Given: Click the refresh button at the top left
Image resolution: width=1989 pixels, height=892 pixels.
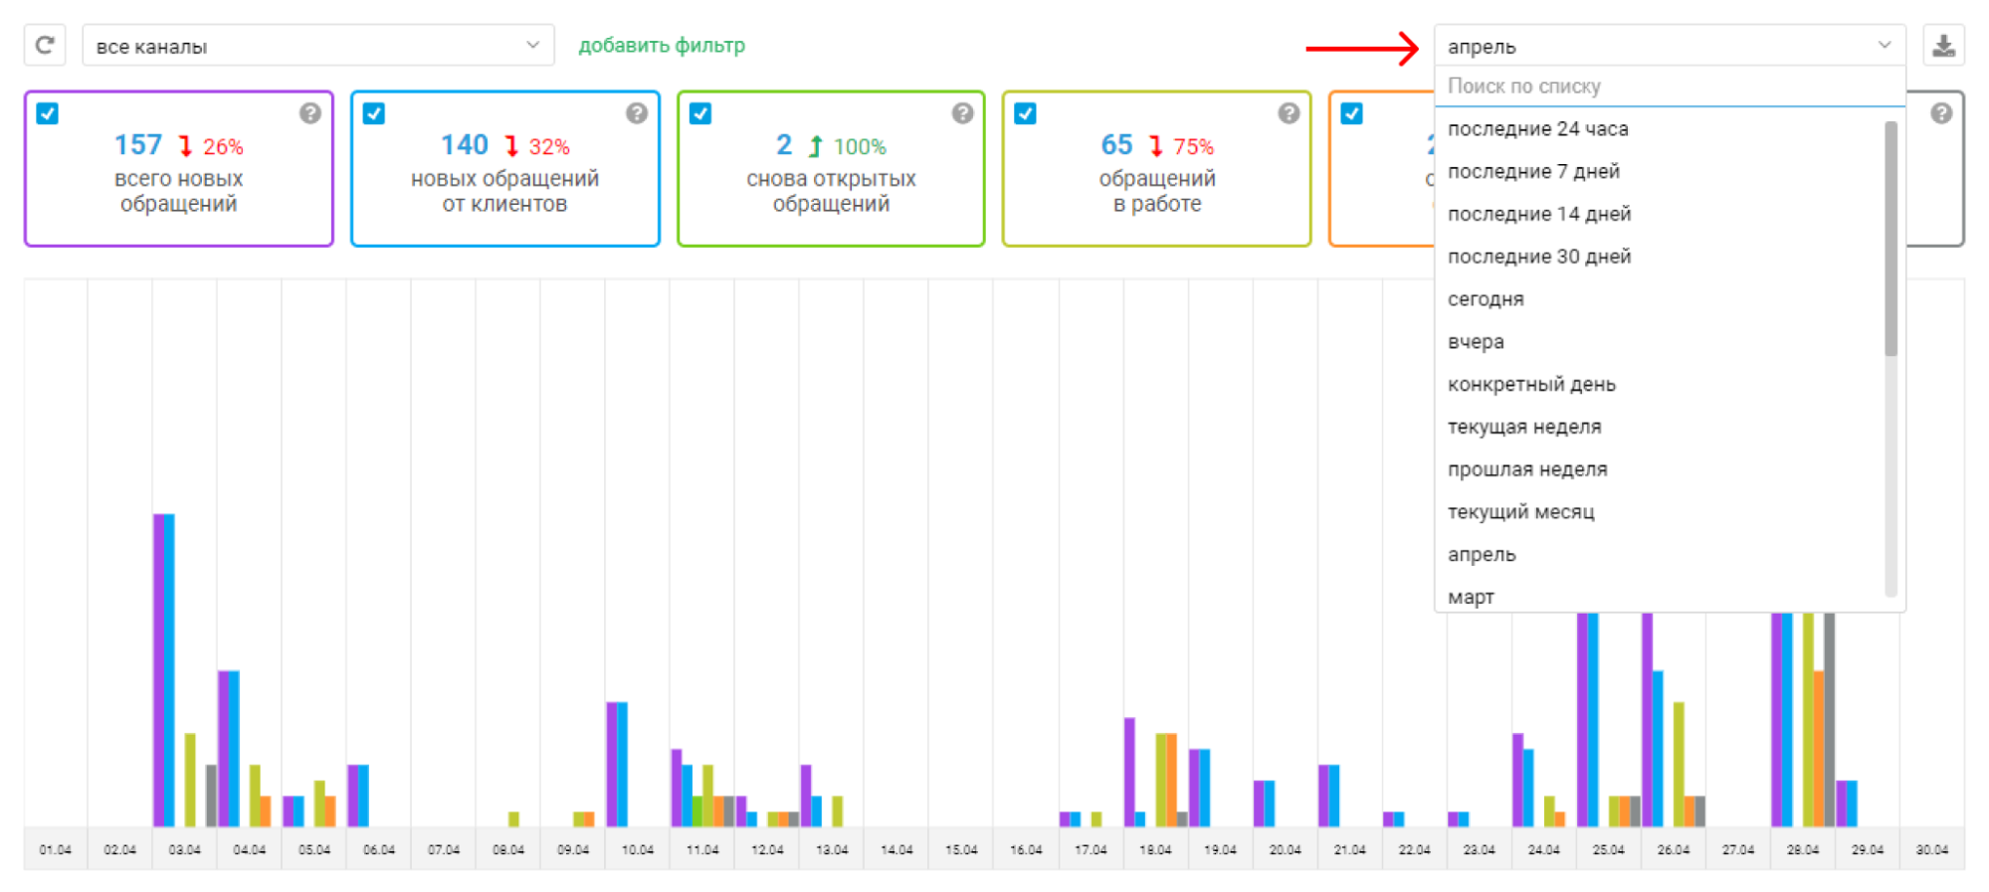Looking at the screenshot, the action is click(x=45, y=46).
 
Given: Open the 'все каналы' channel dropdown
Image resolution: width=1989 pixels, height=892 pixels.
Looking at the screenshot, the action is click(x=317, y=46).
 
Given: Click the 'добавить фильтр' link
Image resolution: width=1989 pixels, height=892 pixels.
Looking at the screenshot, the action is click(x=662, y=46).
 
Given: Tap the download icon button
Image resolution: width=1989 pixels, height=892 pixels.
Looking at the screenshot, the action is click(x=1943, y=46).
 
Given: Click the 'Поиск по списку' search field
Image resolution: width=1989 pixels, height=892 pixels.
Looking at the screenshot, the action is click(x=1669, y=87).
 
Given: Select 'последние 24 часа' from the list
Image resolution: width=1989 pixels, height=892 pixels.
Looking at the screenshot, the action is click(x=1537, y=129).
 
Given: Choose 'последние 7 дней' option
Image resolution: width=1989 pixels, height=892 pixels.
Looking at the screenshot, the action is click(x=1533, y=172).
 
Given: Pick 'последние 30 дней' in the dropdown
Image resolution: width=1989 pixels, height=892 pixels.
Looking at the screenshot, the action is click(x=1539, y=257).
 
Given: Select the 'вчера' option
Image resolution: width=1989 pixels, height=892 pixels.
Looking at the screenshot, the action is click(x=1476, y=342).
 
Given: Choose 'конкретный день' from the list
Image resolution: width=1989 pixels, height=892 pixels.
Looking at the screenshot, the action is click(x=1531, y=385).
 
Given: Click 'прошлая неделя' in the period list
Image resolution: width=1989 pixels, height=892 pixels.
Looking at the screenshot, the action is click(x=1527, y=469).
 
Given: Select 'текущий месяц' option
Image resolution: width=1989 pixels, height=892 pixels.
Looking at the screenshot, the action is click(x=1520, y=512).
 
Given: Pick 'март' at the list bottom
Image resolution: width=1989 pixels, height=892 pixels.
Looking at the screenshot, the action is click(x=1471, y=598).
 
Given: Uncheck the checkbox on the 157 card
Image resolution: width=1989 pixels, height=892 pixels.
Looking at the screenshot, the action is click(x=47, y=113).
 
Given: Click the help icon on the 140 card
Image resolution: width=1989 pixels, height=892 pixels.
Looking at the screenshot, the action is click(x=637, y=113).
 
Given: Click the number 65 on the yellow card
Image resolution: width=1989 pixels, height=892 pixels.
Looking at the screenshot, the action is click(x=1116, y=145).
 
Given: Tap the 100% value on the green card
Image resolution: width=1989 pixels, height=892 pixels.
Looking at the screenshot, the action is click(x=860, y=147).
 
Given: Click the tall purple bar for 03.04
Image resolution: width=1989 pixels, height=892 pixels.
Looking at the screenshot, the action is click(x=158, y=670).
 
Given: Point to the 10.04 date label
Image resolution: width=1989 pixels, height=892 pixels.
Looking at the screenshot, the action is click(x=638, y=850).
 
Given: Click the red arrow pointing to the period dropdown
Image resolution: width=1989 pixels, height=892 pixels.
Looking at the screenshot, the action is click(x=1362, y=48).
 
